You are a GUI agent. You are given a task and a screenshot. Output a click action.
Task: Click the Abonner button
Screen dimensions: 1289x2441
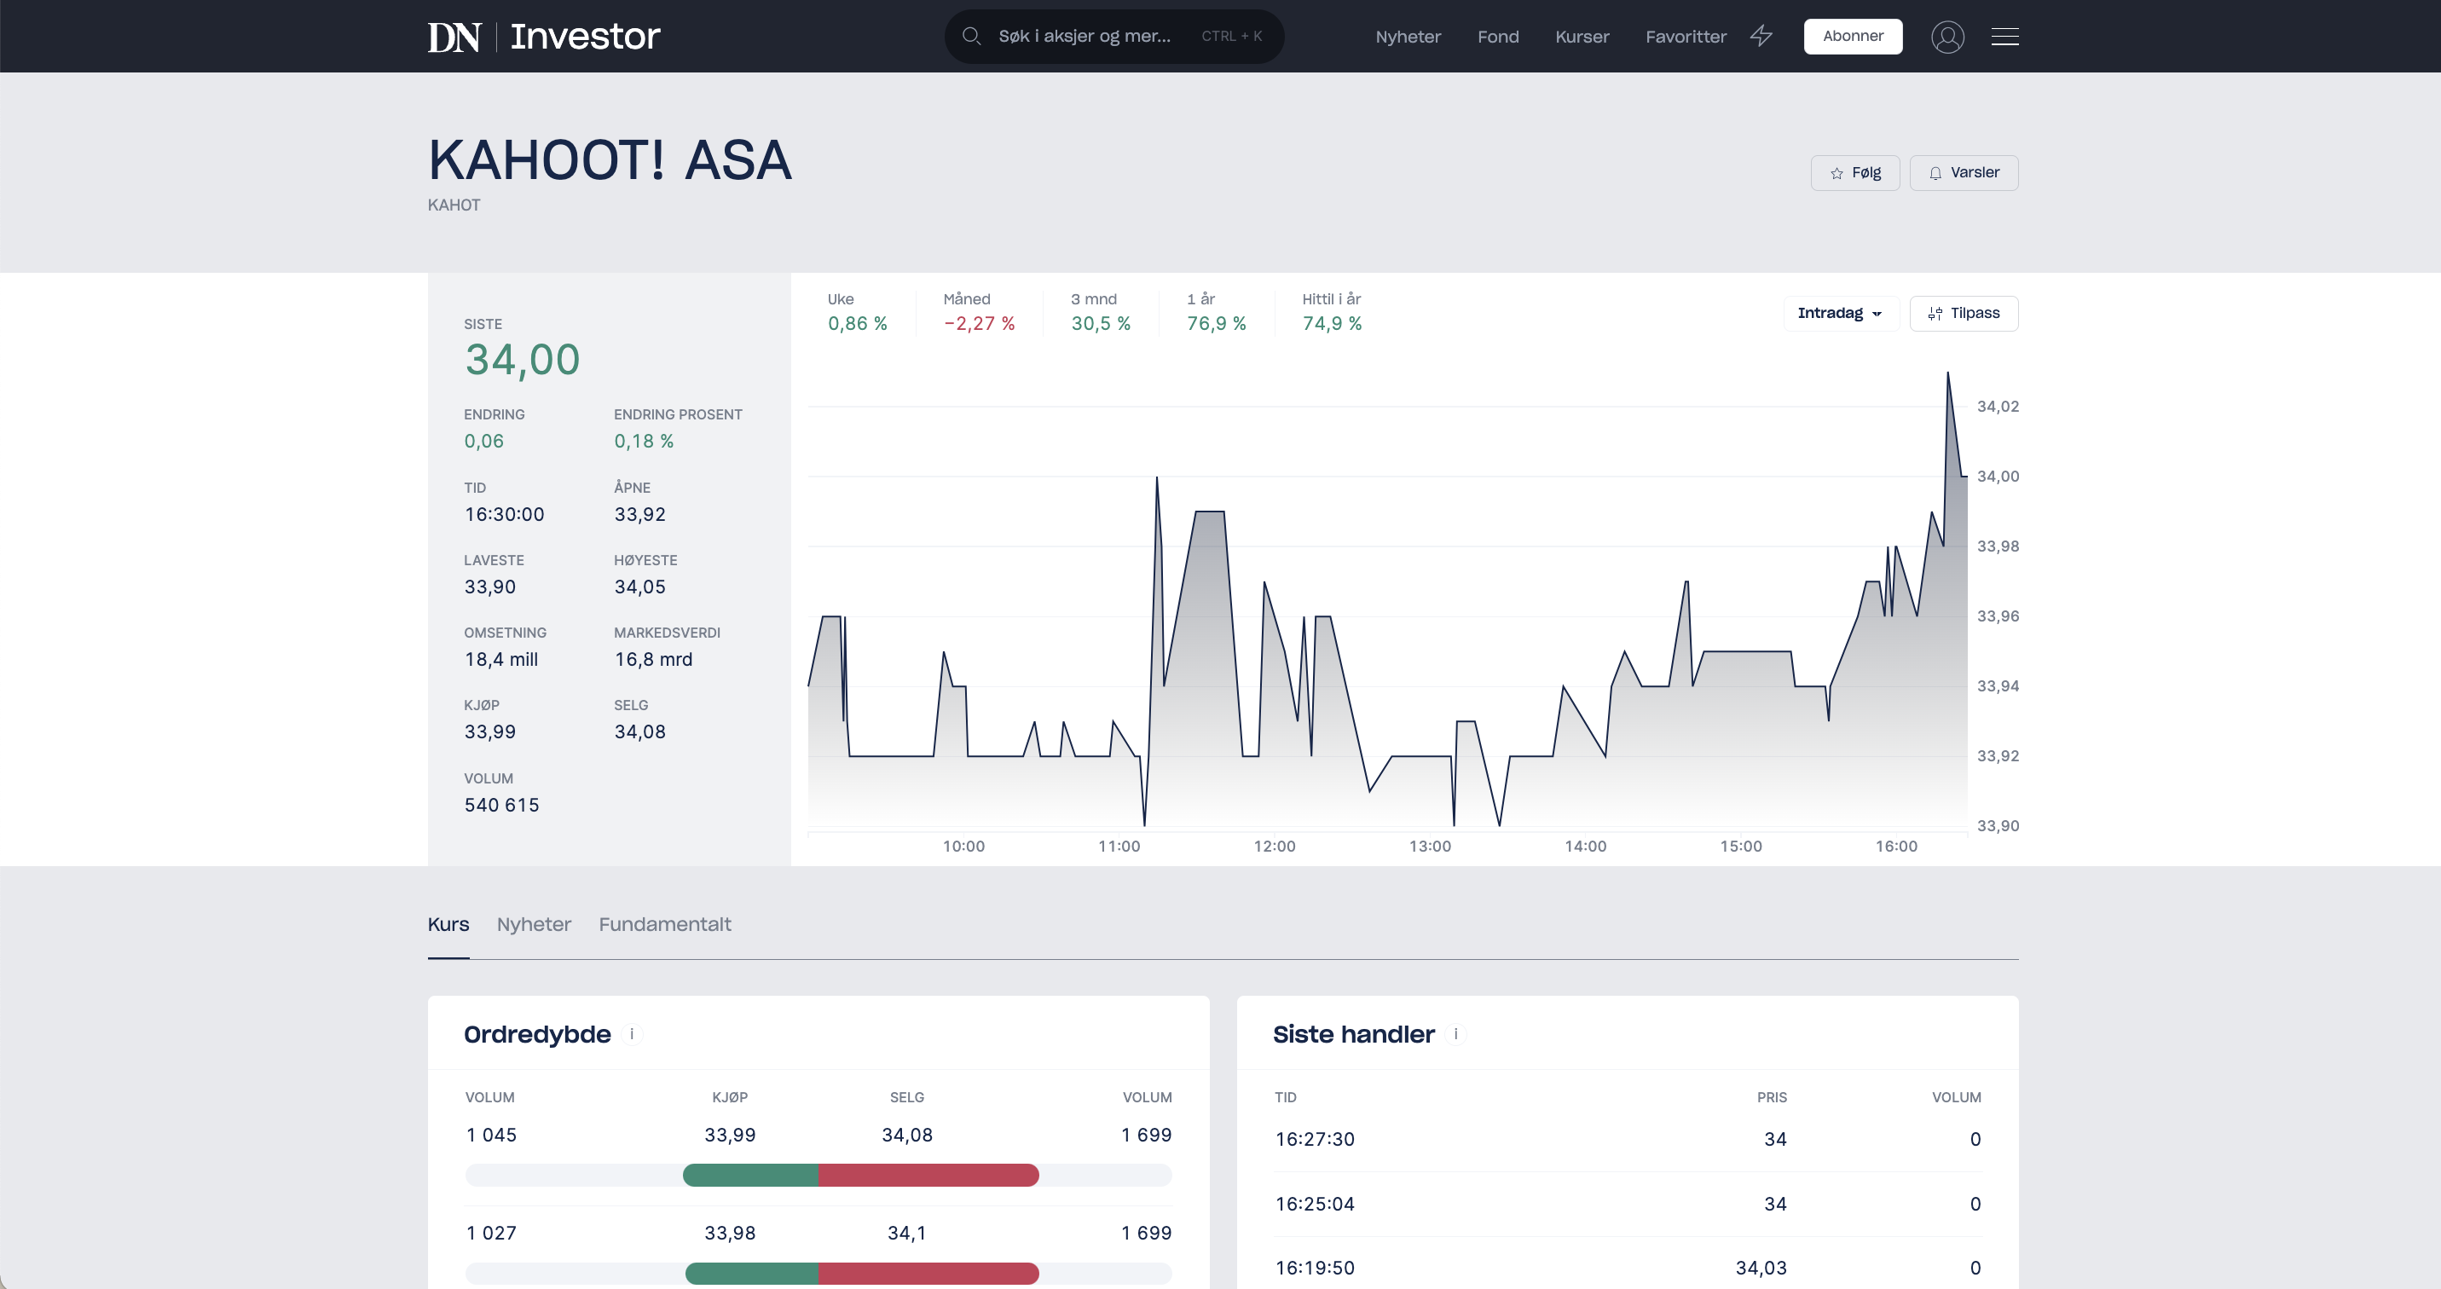pyautogui.click(x=1853, y=36)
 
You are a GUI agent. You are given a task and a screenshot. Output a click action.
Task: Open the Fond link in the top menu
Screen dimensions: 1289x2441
pyautogui.click(x=1497, y=37)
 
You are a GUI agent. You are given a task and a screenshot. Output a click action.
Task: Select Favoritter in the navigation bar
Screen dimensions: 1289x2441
pyautogui.click(x=1686, y=37)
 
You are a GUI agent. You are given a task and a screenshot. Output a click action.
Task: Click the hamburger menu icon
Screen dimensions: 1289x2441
pyautogui.click(x=2004, y=37)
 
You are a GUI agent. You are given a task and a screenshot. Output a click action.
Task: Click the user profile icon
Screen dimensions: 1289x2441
pyautogui.click(x=1947, y=37)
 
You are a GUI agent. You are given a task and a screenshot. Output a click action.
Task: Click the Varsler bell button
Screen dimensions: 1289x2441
pyautogui.click(x=1964, y=172)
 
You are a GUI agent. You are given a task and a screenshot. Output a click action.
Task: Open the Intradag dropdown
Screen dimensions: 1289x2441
pyautogui.click(x=1839, y=314)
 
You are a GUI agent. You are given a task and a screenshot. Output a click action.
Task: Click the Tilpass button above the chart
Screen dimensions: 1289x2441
pyautogui.click(x=1964, y=314)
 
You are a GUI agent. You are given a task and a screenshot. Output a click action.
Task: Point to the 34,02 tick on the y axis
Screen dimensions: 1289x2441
pyautogui.click(x=1998, y=407)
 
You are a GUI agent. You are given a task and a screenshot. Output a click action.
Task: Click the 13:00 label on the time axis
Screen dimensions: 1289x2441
pyautogui.click(x=1429, y=847)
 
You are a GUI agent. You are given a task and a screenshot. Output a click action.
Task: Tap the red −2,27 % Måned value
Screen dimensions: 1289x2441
pyautogui.click(x=979, y=323)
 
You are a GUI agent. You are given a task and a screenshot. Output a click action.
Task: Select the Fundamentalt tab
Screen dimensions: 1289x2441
pyautogui.click(x=664, y=924)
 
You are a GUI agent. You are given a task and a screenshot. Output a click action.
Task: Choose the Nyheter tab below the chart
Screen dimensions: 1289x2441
pyautogui.click(x=534, y=924)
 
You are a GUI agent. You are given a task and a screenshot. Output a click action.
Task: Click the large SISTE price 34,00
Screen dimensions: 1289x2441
pyautogui.click(x=522, y=360)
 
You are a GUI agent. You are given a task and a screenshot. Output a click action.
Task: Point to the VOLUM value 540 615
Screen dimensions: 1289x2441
pyautogui.click(x=501, y=805)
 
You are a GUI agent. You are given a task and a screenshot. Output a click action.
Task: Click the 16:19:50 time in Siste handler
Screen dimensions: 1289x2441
pyautogui.click(x=1315, y=1267)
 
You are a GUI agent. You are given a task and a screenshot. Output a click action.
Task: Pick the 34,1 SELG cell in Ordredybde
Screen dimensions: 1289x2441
pyautogui.click(x=907, y=1233)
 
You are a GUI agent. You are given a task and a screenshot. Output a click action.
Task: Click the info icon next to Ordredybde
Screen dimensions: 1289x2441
pyautogui.click(x=632, y=1034)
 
